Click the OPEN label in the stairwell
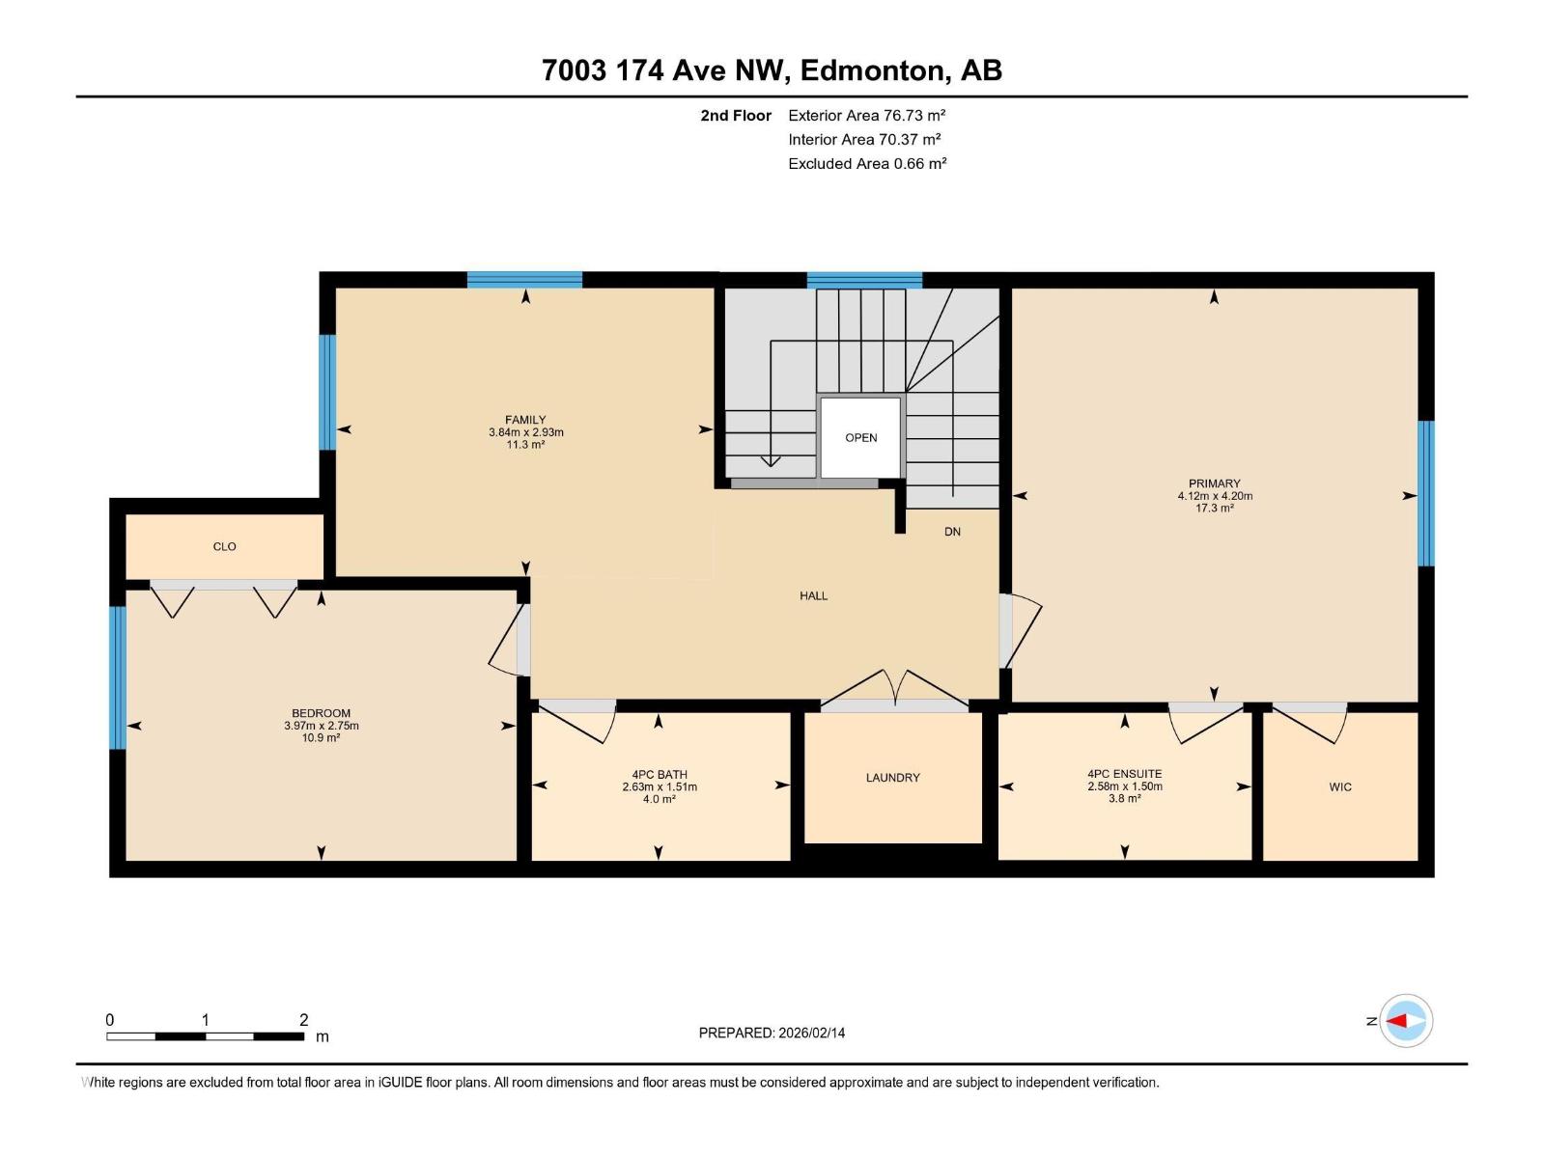[x=860, y=438]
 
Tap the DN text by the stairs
[x=952, y=532]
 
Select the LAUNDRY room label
[x=892, y=778]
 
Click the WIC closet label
[x=1339, y=787]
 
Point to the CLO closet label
[x=224, y=547]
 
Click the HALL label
[x=813, y=596]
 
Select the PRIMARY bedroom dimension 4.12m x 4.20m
[x=1214, y=496]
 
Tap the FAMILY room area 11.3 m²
[x=525, y=445]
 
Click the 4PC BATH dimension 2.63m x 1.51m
[x=659, y=787]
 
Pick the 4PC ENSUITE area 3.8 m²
[x=1124, y=799]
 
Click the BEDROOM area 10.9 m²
[x=321, y=738]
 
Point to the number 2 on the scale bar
[x=304, y=1020]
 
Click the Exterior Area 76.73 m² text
[x=866, y=115]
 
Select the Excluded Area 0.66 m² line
[x=866, y=164]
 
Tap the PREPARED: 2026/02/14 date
[x=772, y=1033]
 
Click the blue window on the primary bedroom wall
[x=1425, y=493]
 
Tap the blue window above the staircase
[x=864, y=281]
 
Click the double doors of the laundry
[x=894, y=691]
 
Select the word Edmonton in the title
[x=871, y=70]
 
